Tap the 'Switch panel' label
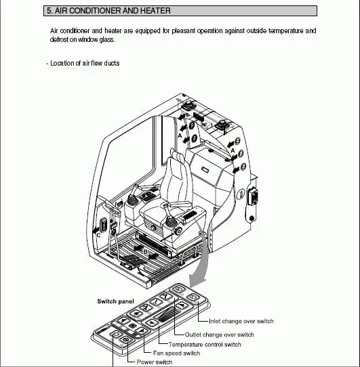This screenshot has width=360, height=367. click(115, 300)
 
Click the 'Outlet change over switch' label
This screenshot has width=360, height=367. click(220, 334)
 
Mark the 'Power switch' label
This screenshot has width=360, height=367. click(155, 362)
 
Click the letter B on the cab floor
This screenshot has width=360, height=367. click(144, 250)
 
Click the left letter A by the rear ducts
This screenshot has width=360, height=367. click(179, 135)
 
